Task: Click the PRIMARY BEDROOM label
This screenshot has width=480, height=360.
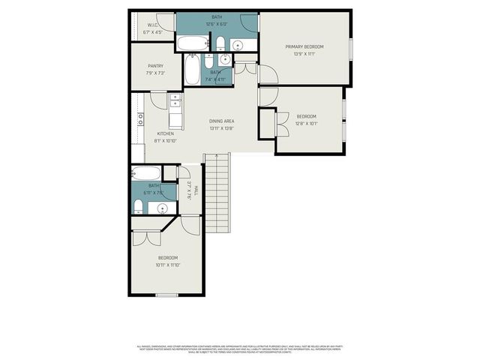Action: (304, 46)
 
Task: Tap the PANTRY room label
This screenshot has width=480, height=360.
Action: (155, 66)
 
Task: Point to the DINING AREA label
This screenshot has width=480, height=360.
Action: (222, 121)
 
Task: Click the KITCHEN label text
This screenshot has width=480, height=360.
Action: (165, 133)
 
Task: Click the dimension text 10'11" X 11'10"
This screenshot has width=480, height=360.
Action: (168, 265)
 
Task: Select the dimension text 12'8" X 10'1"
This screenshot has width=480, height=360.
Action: (306, 124)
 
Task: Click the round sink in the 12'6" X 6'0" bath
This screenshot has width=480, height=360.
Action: (238, 45)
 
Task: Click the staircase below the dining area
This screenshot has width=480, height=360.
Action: (216, 191)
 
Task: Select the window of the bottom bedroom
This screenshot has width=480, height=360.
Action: (166, 295)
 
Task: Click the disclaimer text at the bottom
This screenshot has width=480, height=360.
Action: (238, 349)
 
